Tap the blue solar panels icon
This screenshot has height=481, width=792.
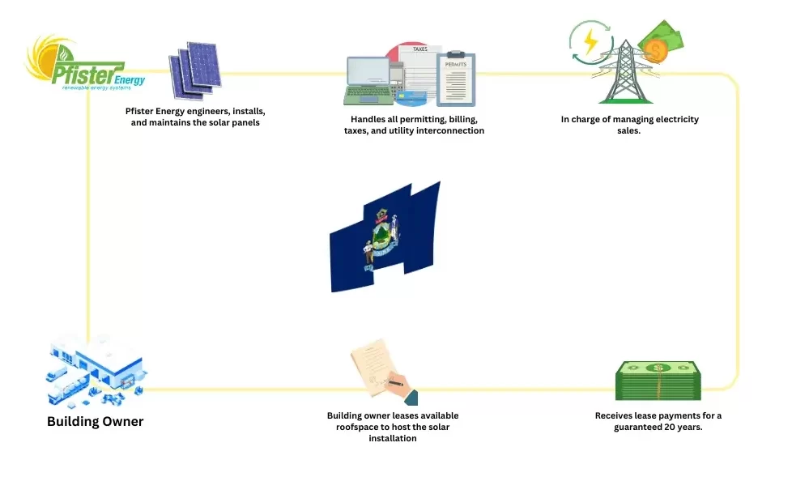pos(194,70)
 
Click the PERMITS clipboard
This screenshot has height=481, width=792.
pos(457,79)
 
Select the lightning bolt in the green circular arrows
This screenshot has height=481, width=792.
pos(591,42)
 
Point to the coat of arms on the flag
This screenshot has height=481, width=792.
pos(381,239)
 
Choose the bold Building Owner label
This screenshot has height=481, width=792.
pos(95,421)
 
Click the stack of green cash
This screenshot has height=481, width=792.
pos(658,381)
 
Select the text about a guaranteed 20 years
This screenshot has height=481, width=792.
pos(658,421)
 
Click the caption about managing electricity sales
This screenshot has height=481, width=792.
pos(629,125)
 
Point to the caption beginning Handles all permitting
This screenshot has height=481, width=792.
pos(414,125)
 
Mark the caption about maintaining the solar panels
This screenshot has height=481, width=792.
pos(195,117)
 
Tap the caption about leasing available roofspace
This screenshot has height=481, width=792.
pos(392,427)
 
